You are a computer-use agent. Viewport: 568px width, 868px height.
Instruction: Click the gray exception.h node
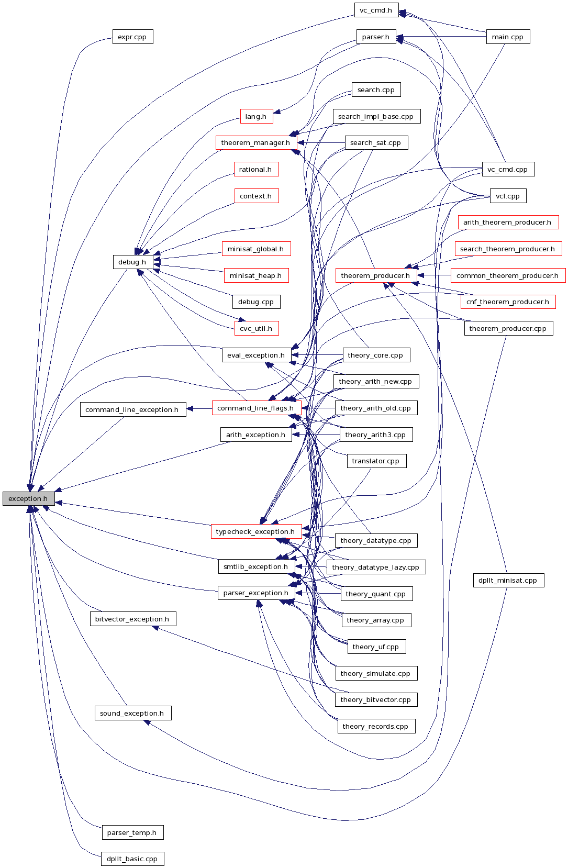click(28, 498)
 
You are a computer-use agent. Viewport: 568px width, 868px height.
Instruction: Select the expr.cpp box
click(132, 37)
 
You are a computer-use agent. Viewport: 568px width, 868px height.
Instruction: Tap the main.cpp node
click(508, 37)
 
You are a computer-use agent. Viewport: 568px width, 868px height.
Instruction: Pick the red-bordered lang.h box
click(257, 116)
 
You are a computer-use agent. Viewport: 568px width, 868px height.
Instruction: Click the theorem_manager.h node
click(256, 142)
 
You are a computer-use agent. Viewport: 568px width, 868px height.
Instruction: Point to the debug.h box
click(132, 262)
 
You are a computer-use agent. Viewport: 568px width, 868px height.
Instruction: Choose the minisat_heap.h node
click(256, 275)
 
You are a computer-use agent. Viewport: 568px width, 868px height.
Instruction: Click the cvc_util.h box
click(257, 328)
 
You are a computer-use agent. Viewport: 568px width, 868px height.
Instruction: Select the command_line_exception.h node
click(133, 409)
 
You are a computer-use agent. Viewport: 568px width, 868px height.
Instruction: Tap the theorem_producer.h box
click(376, 275)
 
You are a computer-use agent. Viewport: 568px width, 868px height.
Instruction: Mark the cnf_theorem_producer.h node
click(508, 302)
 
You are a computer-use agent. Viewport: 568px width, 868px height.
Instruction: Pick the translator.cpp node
click(376, 461)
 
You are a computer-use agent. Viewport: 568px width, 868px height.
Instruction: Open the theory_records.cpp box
click(376, 726)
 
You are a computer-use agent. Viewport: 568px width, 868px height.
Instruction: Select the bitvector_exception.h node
click(132, 619)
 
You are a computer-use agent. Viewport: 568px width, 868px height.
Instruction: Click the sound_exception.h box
click(132, 713)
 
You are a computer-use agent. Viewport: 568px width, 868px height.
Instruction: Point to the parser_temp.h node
click(132, 832)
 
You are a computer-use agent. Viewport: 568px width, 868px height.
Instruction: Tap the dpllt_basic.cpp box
click(132, 859)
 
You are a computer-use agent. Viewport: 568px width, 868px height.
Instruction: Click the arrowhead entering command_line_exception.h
click(191, 408)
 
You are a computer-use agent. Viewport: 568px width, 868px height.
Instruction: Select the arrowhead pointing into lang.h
click(277, 111)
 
